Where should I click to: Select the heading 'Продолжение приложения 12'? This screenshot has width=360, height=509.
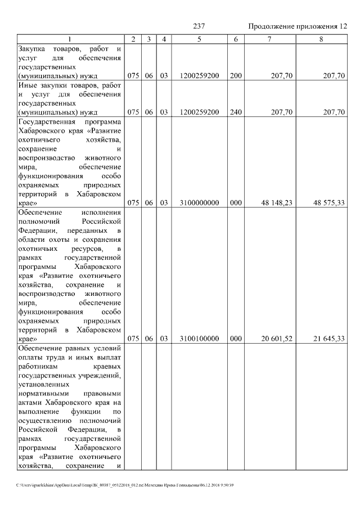298,26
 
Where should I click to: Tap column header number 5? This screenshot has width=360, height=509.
200,39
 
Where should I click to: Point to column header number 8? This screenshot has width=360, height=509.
321,39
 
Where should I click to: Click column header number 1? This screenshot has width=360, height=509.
70,39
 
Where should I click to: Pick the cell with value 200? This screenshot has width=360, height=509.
236,75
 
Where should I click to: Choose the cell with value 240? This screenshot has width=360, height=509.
236,112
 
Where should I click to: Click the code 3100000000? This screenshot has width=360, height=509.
200,204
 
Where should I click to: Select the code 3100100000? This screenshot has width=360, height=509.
200,340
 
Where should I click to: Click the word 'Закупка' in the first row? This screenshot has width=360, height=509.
33,48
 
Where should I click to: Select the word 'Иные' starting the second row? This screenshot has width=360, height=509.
28,85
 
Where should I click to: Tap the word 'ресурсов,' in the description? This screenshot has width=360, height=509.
84,249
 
